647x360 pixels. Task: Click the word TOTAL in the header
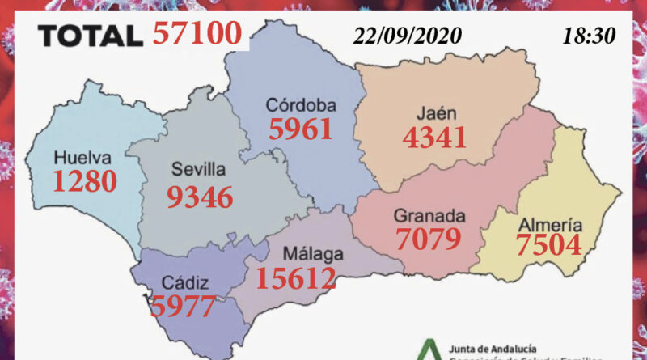[x=91, y=36]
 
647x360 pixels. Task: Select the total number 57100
[x=197, y=34]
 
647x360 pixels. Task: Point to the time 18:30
[x=587, y=36]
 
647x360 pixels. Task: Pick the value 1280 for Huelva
[x=85, y=180]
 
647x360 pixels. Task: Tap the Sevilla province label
[x=199, y=171]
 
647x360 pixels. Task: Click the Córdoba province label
[x=301, y=105]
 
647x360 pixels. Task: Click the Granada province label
[x=429, y=216]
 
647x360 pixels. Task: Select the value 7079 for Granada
[x=429, y=239]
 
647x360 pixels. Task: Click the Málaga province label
[x=314, y=254]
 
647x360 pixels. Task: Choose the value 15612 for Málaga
[x=295, y=279]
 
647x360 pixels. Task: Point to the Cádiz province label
[x=186, y=283]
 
